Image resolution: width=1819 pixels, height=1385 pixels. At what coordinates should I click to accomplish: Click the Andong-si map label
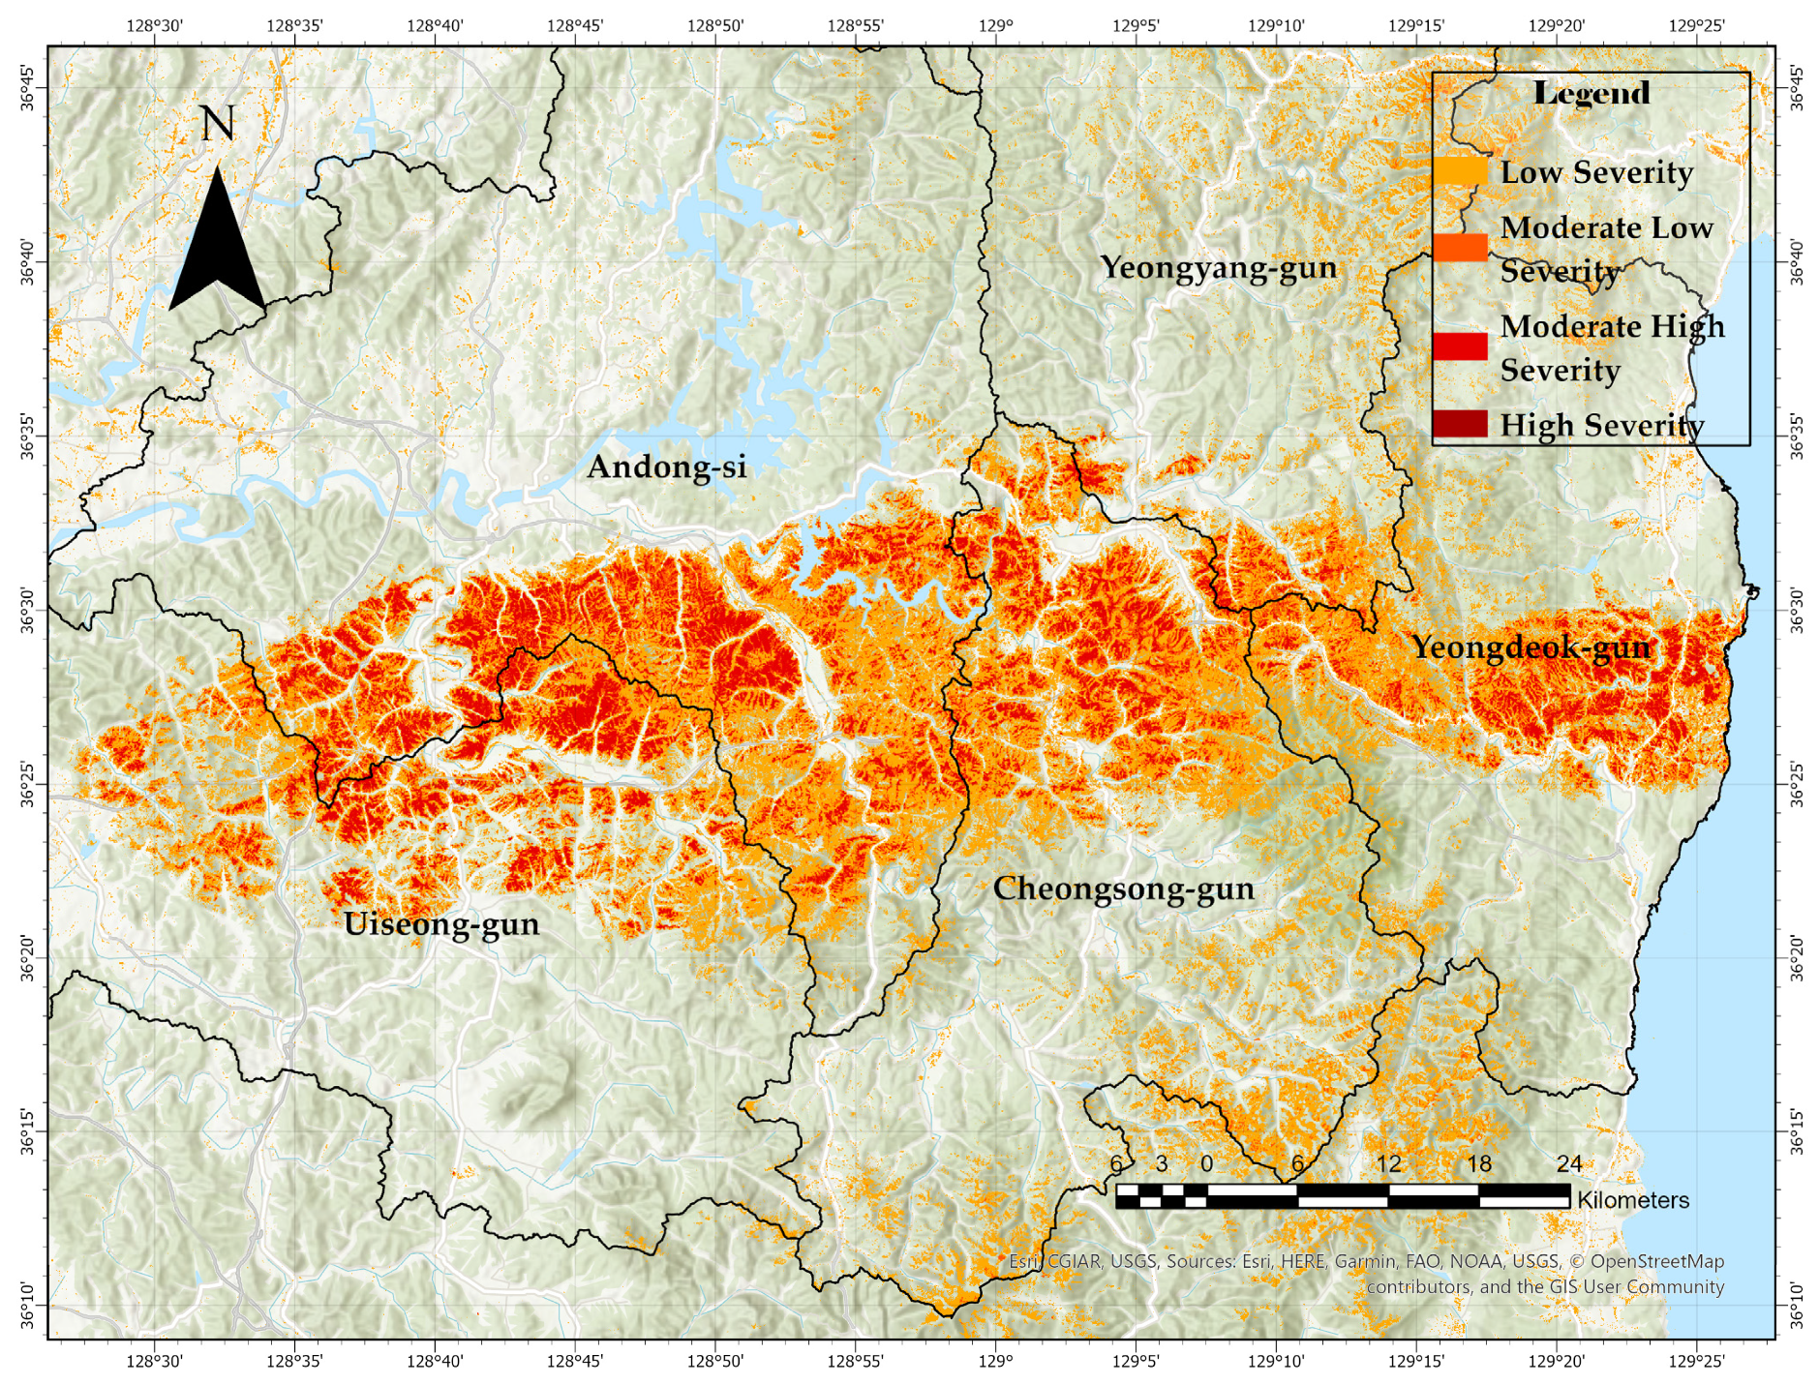click(667, 467)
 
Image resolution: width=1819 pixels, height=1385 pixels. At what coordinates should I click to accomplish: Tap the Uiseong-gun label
click(441, 924)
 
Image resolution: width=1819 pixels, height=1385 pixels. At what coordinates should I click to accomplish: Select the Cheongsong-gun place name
click(1123, 888)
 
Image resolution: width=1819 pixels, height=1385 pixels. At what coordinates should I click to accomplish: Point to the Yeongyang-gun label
click(1219, 267)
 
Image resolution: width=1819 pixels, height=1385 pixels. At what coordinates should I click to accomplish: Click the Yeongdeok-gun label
click(1531, 647)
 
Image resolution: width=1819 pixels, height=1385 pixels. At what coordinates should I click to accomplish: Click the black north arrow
click(217, 247)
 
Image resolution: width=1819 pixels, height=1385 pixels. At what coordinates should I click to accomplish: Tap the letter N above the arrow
click(217, 124)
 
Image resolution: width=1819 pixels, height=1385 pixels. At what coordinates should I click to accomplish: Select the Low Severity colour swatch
click(1460, 171)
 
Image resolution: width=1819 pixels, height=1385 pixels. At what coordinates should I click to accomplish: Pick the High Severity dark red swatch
click(1460, 424)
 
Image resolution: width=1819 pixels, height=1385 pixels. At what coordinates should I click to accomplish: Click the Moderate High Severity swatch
click(1460, 346)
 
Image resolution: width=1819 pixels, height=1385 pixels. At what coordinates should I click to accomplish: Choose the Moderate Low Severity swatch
click(1460, 248)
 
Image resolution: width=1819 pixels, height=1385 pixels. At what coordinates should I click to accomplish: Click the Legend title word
click(1592, 94)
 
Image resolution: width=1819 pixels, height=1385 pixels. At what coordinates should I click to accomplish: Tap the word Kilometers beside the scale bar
click(1633, 1200)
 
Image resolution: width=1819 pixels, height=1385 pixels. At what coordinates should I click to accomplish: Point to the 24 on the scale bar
click(1569, 1164)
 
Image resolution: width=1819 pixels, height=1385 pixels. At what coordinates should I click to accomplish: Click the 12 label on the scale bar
click(1388, 1164)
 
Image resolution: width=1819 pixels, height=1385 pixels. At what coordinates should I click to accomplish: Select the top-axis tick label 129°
click(995, 26)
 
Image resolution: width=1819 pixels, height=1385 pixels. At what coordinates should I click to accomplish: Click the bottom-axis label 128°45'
click(574, 1361)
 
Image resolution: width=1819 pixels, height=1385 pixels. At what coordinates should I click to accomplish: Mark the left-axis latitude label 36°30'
click(27, 611)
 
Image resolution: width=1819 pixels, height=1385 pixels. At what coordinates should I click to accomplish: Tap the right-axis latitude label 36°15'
click(1797, 1131)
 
